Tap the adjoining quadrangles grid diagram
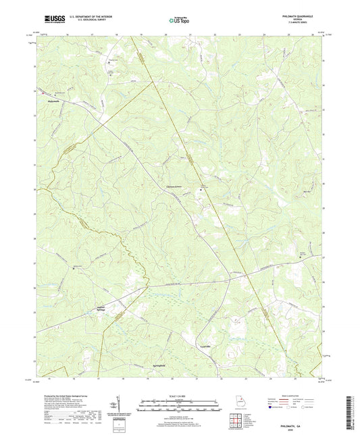point(235,419)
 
